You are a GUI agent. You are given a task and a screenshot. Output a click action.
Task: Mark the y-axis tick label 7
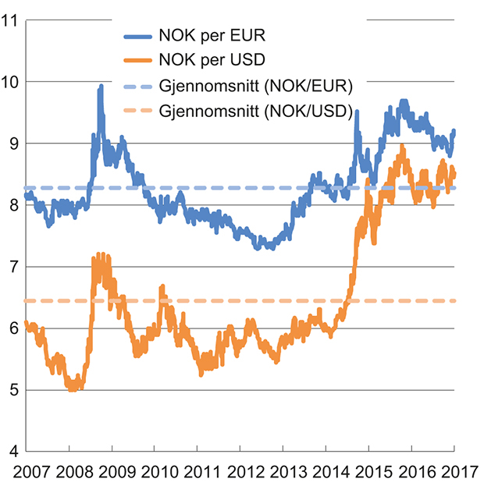(x=14, y=267)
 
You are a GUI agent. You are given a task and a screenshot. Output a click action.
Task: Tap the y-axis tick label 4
(x=14, y=452)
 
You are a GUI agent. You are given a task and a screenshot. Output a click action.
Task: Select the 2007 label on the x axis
(x=26, y=472)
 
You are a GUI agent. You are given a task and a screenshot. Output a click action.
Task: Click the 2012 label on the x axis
(x=240, y=472)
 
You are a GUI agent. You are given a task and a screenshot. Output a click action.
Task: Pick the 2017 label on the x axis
(x=454, y=472)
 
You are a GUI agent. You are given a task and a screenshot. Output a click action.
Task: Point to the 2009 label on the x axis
(x=112, y=472)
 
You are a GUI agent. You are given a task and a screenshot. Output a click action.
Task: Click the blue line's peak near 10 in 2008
(x=101, y=87)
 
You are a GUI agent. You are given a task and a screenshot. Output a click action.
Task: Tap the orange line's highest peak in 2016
(x=402, y=147)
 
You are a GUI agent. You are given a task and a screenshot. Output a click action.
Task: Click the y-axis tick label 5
(x=14, y=390)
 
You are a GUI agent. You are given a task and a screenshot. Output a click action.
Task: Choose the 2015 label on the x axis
(x=368, y=472)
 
